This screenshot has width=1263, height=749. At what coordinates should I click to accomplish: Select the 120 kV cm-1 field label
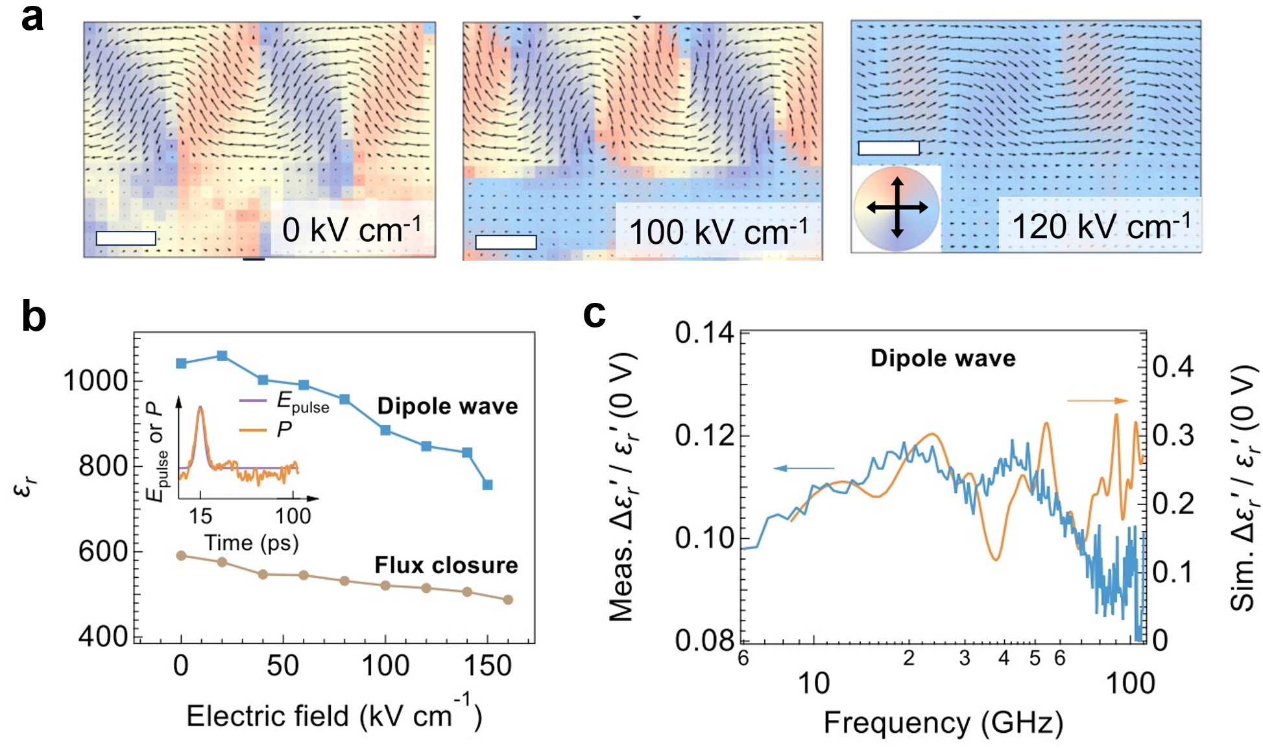coord(1101,226)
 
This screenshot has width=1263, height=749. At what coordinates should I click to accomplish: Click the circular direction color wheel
coord(897,208)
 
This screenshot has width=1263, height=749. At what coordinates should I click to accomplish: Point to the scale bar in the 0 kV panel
coord(126,238)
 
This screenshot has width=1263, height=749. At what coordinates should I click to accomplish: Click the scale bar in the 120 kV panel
coord(889,148)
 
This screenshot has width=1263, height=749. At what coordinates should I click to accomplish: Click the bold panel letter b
coord(34,316)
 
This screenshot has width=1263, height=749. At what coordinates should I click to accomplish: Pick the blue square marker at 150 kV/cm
coord(488,484)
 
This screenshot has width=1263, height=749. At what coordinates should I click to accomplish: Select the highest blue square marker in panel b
coord(222,355)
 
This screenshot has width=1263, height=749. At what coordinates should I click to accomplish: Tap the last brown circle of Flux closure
coord(508,600)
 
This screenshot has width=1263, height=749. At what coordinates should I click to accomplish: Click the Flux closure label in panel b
coord(446,565)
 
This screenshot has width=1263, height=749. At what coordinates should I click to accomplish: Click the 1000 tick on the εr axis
coord(95,381)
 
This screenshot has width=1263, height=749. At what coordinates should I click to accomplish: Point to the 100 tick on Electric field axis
coord(385,666)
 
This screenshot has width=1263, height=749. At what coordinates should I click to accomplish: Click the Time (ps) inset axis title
coord(252,542)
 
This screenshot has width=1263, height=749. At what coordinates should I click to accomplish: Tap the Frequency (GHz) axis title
coord(943,722)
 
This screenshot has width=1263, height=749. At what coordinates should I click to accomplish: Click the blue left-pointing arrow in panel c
coord(804,468)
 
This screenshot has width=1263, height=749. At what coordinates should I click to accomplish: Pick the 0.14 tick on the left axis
coord(704,333)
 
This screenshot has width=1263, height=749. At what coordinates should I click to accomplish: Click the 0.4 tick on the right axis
coord(1173,367)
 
